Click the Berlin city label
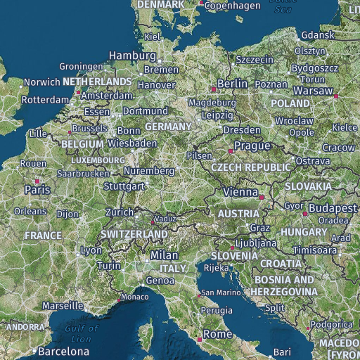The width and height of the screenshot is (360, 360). click(x=233, y=84)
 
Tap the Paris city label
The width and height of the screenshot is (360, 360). click(x=37, y=190)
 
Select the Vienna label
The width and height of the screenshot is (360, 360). click(x=240, y=192)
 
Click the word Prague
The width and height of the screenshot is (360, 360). click(x=252, y=146)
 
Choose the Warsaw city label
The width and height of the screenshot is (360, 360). click(x=312, y=91)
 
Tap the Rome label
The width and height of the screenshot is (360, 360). click(x=217, y=334)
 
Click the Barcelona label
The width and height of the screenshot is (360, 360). click(x=64, y=351)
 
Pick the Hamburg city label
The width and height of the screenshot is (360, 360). click(x=132, y=56)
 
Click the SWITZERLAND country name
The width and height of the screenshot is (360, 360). click(x=134, y=233)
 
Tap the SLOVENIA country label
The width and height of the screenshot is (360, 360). click(x=234, y=255)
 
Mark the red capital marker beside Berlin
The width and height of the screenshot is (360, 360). click(x=214, y=89)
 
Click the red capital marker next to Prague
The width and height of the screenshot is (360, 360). click(x=230, y=150)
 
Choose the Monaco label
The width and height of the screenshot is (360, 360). click(x=135, y=297)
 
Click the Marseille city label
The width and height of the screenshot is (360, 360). click(x=63, y=307)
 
